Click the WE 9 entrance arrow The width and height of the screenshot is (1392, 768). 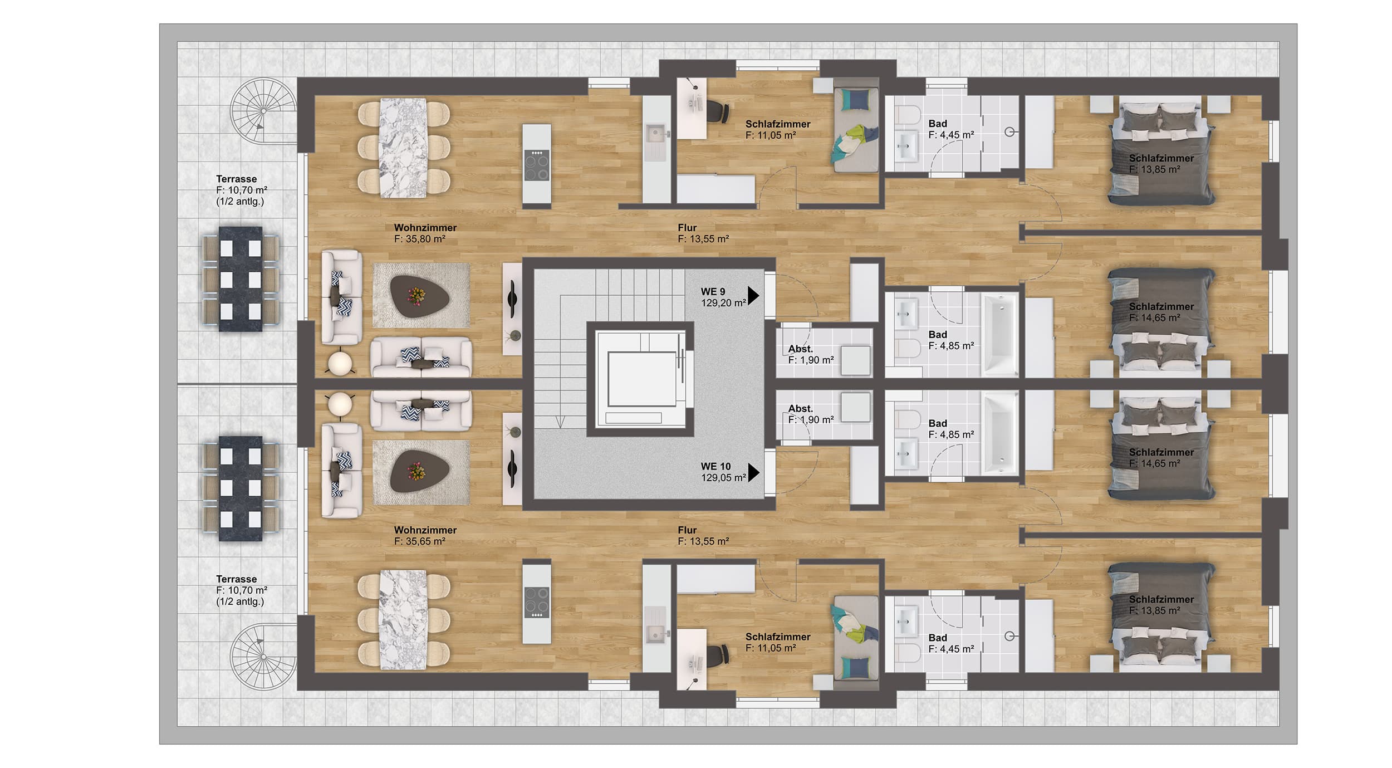(x=753, y=296)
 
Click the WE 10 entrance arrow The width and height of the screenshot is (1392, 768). (x=753, y=472)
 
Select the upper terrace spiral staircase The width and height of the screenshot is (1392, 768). (x=264, y=111)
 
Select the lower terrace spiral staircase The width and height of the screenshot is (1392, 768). (x=264, y=657)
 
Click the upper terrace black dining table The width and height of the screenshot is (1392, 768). (x=241, y=279)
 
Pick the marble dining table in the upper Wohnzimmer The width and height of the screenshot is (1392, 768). (x=403, y=148)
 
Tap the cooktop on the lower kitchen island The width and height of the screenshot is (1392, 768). (x=536, y=602)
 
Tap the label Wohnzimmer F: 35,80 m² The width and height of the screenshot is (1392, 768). (x=425, y=233)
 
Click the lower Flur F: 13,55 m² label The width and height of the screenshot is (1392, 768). (x=703, y=536)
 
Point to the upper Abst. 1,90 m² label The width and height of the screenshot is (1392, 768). (x=811, y=355)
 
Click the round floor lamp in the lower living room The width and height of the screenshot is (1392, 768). (x=340, y=404)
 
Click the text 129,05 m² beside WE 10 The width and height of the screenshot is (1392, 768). (x=723, y=478)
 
